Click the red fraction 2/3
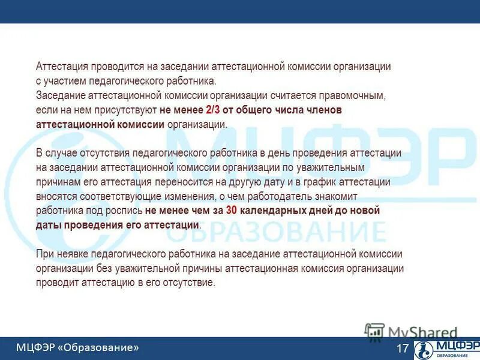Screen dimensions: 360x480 (x=212, y=110)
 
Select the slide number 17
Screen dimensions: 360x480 (x=402, y=349)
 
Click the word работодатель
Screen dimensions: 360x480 (x=275, y=196)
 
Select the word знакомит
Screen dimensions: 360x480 (x=339, y=196)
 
